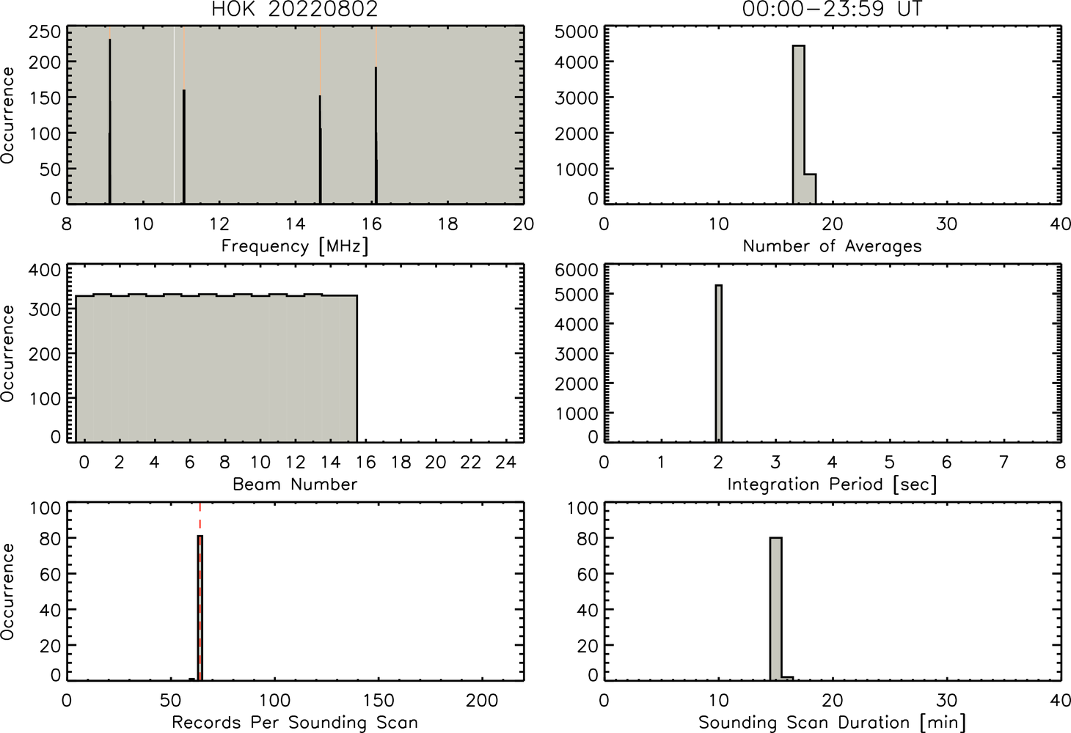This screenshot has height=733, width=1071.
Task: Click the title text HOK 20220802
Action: pos(295,9)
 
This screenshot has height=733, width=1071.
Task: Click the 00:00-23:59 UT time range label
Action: pos(832,9)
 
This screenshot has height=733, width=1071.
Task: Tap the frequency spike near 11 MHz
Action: pos(184,147)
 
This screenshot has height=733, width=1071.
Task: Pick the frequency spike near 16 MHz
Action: pos(376,135)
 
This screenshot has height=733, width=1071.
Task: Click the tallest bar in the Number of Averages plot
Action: pos(798,125)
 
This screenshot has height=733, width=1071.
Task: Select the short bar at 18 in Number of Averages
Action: pos(810,188)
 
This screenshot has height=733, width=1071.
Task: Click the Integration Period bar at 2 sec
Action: pos(718,363)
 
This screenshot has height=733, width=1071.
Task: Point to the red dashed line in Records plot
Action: pos(200,591)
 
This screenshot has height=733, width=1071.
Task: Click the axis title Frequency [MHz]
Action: pos(295,246)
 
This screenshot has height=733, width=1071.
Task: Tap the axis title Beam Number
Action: pos(295,485)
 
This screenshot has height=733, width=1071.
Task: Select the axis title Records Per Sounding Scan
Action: pos(295,723)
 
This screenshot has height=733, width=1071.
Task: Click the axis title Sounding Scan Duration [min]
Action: pos(832,723)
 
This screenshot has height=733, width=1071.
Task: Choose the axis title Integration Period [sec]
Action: pos(832,485)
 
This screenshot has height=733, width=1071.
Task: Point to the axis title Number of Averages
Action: pos(832,246)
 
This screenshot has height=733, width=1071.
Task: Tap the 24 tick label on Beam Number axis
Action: pos(506,462)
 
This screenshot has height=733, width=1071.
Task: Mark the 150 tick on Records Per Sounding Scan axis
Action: pos(379,701)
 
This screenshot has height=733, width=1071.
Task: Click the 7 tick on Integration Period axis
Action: pos(1004,462)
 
